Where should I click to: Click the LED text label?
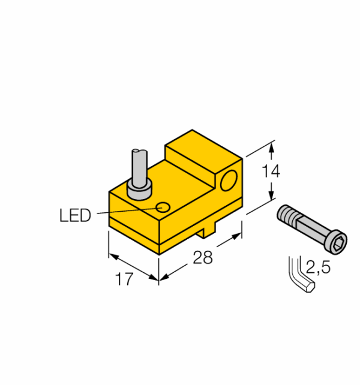tap(75, 215)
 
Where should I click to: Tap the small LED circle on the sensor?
tap(163, 207)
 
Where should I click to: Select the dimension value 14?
tap(271, 171)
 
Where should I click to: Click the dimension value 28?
tap(203, 258)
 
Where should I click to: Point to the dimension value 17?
tap(124, 279)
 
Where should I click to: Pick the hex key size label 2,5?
tap(318, 267)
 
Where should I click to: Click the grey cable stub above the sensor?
tap(140, 167)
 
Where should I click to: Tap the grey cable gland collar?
tap(139, 190)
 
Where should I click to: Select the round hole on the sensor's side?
tap(229, 181)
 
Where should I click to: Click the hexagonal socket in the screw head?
tap(338, 242)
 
